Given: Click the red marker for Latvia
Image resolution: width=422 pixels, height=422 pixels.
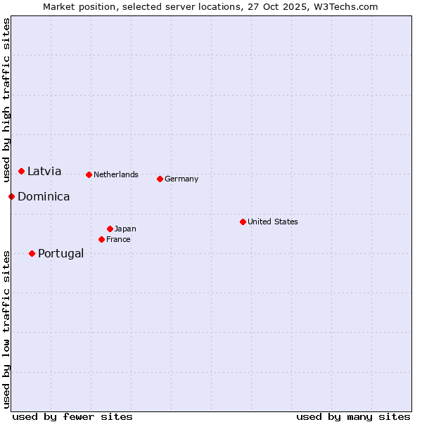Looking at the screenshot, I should tap(22, 172).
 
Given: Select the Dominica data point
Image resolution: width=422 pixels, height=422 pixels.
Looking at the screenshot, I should tap(12, 196).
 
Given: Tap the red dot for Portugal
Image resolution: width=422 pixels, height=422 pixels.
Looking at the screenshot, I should tap(32, 253).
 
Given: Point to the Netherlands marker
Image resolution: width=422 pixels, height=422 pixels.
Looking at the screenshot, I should tap(89, 174).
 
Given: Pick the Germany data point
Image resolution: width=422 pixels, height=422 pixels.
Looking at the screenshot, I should tap(160, 179).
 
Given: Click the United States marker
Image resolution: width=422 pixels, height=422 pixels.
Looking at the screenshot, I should tap(243, 222).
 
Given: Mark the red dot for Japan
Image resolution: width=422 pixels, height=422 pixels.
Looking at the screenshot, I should tap(110, 229).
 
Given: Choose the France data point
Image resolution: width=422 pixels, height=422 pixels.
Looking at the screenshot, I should tap(102, 239).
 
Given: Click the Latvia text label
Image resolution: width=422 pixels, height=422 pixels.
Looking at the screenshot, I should tap(44, 172).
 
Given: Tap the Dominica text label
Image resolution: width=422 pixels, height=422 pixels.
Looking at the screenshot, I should tap(44, 197).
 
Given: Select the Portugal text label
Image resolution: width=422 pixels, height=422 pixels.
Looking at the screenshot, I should tap(60, 254).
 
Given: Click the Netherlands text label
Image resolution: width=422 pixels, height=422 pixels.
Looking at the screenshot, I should tap(116, 174).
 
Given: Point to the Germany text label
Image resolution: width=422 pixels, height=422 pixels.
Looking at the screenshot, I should tap(181, 179).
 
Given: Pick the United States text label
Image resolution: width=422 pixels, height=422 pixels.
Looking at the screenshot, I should tap(273, 222).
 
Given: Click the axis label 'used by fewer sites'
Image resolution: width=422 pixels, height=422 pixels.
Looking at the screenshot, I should tap(72, 416).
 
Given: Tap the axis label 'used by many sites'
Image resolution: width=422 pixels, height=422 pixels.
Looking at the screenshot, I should tap(353, 416).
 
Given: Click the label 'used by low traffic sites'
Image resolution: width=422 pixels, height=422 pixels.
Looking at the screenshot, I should tap(6, 329).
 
